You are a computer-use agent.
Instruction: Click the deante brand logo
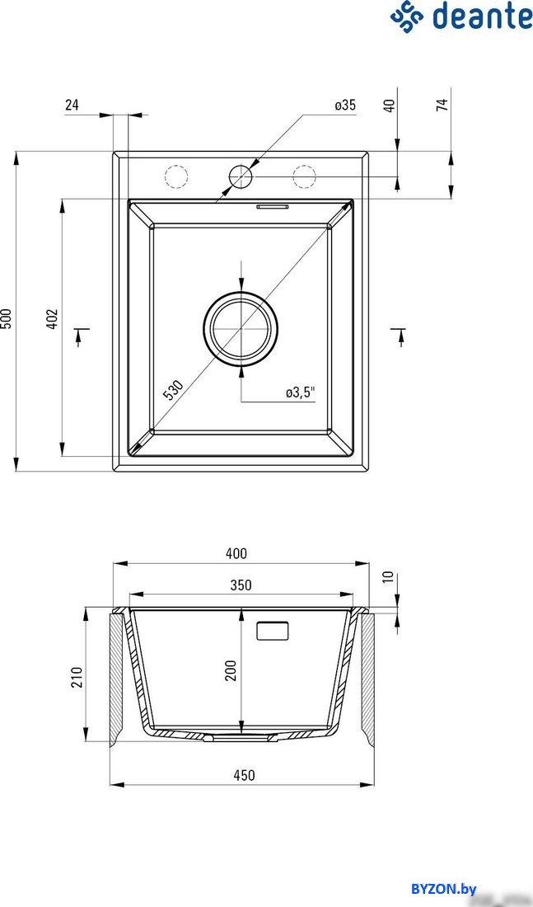461,16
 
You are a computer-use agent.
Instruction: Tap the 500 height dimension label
7,317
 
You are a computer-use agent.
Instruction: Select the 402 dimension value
52,319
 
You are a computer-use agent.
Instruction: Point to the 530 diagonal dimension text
173,391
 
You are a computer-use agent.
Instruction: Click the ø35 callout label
345,105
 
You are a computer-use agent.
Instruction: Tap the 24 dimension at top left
72,105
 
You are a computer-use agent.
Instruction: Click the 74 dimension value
442,105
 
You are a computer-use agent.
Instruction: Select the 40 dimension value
390,106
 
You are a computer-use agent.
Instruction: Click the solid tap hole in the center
241,176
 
